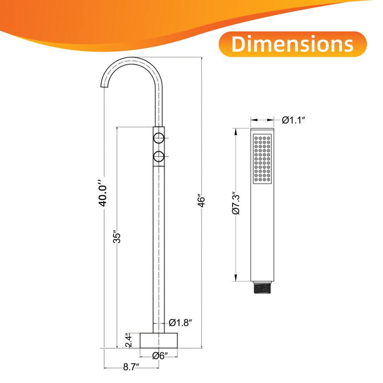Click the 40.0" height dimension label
point(100,193)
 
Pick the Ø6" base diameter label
point(159,355)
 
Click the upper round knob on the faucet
point(158,139)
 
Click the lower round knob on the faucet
point(158,156)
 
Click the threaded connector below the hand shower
point(263,288)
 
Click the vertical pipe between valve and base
point(158,249)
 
